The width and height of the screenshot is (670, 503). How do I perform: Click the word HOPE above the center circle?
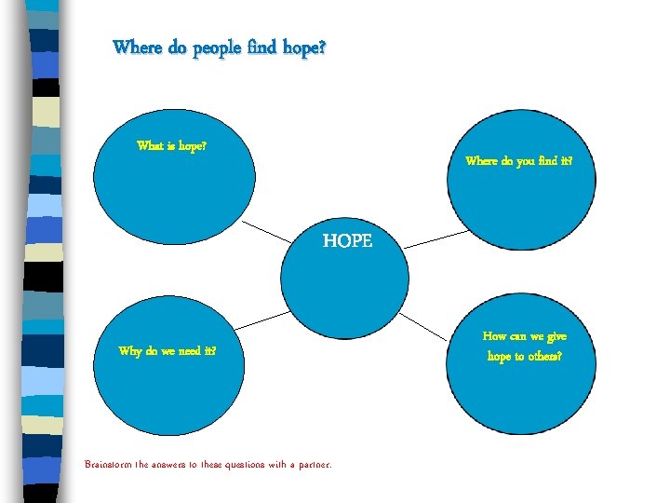[347, 241]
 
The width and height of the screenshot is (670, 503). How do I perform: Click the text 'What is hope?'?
[171, 145]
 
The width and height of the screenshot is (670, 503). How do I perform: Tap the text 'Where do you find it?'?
[518, 161]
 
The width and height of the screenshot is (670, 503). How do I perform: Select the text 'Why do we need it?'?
[167, 351]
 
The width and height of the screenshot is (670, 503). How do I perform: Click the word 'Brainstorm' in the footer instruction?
[113, 464]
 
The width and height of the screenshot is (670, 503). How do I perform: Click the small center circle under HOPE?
[344, 284]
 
